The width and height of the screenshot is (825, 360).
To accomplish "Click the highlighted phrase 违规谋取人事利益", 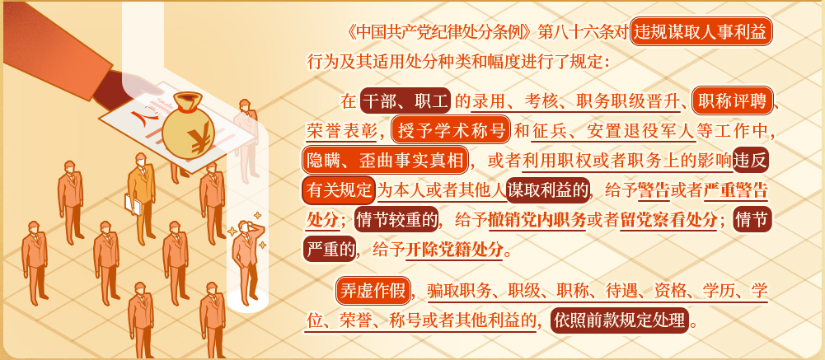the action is coord(701,32).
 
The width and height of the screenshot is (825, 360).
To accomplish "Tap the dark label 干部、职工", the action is coord(405,101).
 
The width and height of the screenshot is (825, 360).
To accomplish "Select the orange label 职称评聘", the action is coord(733,101).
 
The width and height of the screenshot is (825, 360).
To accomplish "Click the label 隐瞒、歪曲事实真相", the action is coord(385,161).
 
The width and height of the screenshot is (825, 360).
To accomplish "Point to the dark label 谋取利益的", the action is coord(547,191).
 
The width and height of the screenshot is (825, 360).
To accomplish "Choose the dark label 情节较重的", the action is coord(396,221).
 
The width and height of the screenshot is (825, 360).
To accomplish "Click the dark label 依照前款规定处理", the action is coord(619,320).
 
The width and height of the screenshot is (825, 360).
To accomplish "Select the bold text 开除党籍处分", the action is coord(454,250).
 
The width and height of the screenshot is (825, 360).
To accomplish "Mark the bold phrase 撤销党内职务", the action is coord(537,221).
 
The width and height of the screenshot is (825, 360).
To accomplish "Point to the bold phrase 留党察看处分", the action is coord(668,221).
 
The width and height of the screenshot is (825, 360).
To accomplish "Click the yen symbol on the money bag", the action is coord(199,140).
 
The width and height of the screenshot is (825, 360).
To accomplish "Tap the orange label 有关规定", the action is coord(339,191).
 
